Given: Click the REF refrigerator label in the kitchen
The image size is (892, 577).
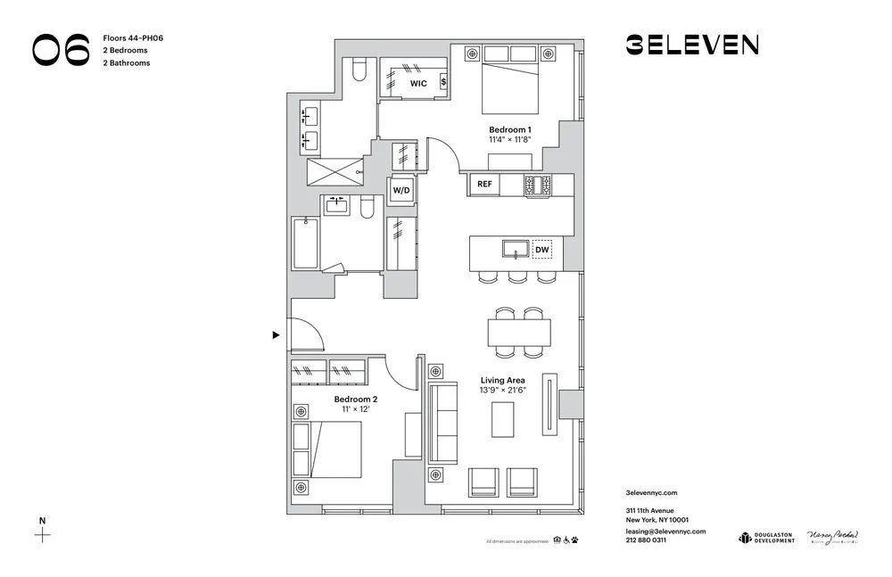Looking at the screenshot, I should pos(484,185).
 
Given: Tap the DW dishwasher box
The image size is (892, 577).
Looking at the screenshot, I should pos(541,250).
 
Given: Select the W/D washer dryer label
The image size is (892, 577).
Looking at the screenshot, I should pos(401,191).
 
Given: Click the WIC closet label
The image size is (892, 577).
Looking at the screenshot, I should pos(417,83).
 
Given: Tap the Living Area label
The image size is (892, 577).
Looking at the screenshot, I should pos(502,380).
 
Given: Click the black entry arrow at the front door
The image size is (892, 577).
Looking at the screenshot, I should pos(276,335).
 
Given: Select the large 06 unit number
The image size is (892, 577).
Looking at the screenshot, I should pos(62,51).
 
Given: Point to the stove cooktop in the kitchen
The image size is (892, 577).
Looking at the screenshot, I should pos(537,185).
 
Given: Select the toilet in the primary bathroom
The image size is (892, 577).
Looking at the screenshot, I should pos(359,70).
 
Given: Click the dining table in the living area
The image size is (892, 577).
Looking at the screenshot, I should pos(519,334).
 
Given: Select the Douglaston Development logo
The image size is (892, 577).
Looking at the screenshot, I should pos(765,537).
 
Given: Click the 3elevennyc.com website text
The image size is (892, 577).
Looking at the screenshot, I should pos(653,492).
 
